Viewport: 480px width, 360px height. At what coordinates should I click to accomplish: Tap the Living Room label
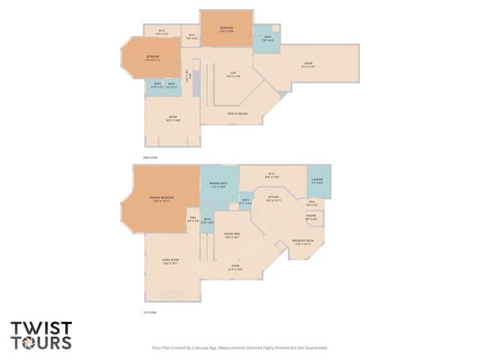[x=170, y=262]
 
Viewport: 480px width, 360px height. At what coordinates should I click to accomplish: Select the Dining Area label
[x=232, y=236]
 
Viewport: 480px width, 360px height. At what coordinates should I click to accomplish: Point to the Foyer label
[x=235, y=267]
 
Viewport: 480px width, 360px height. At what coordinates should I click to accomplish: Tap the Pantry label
[x=311, y=217]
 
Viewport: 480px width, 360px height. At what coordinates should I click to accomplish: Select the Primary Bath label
[x=218, y=184]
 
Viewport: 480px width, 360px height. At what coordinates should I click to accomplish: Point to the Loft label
[x=232, y=74]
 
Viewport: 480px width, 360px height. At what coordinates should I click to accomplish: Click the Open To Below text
[x=237, y=114]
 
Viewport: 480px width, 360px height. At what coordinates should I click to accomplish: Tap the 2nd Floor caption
[x=150, y=157]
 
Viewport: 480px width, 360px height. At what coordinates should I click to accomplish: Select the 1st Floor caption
[x=149, y=312]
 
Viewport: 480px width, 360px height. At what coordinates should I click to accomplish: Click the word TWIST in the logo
[x=40, y=328]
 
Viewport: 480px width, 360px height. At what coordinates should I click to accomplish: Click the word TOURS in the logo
[x=40, y=343]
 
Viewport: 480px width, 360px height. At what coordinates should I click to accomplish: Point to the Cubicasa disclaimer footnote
[x=240, y=348]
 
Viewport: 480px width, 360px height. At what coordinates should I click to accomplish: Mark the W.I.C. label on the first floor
[x=271, y=175]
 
